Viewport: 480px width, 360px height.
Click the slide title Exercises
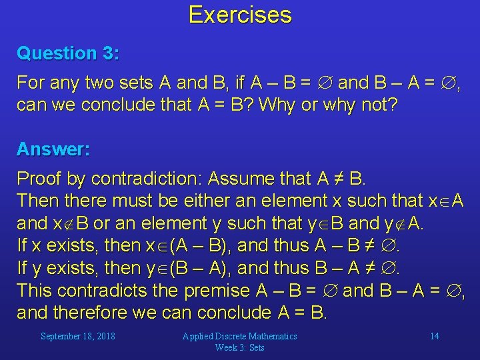tap(240, 15)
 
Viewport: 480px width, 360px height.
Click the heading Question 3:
tap(68, 53)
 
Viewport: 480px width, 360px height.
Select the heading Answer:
tap(53, 149)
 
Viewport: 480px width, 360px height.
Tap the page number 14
tap(434, 336)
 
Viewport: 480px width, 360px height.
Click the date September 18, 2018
tap(77, 336)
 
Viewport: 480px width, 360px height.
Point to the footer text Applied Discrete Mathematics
tap(239, 336)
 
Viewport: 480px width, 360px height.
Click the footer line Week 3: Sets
tap(239, 347)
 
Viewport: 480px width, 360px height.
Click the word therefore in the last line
tap(92, 313)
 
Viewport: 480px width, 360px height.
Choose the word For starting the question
tap(30, 83)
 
